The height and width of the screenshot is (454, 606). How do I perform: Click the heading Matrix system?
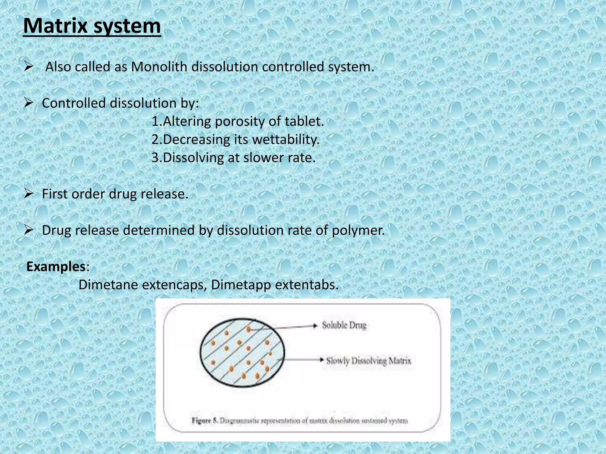coord(92,26)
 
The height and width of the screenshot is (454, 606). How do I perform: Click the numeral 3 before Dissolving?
coord(155,158)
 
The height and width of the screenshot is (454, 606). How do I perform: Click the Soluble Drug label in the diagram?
coord(344,325)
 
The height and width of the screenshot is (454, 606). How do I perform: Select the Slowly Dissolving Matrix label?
coord(368,361)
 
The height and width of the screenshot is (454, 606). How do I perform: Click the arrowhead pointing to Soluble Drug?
coord(315,326)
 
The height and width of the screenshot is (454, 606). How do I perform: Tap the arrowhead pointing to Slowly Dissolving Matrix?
coord(322,360)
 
